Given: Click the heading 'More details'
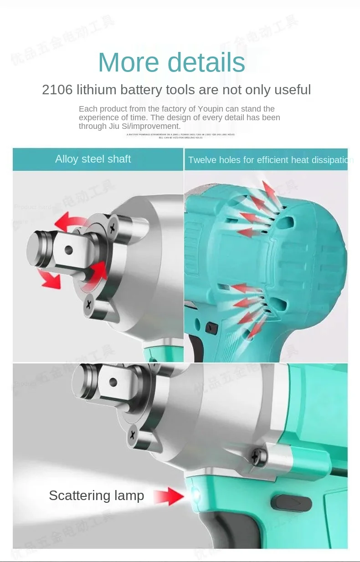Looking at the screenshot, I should coord(172,62).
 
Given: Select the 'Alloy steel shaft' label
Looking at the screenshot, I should coord(93,159).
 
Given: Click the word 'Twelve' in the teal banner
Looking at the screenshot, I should coord(202,160).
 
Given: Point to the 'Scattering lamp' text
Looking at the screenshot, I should coord(96,496).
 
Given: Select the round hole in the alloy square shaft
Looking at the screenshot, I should coord(68,249).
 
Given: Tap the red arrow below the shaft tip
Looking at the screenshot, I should coord(49,279).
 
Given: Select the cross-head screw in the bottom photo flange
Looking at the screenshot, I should coord(133,434).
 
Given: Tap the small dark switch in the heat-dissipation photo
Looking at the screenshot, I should coord(210,326).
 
